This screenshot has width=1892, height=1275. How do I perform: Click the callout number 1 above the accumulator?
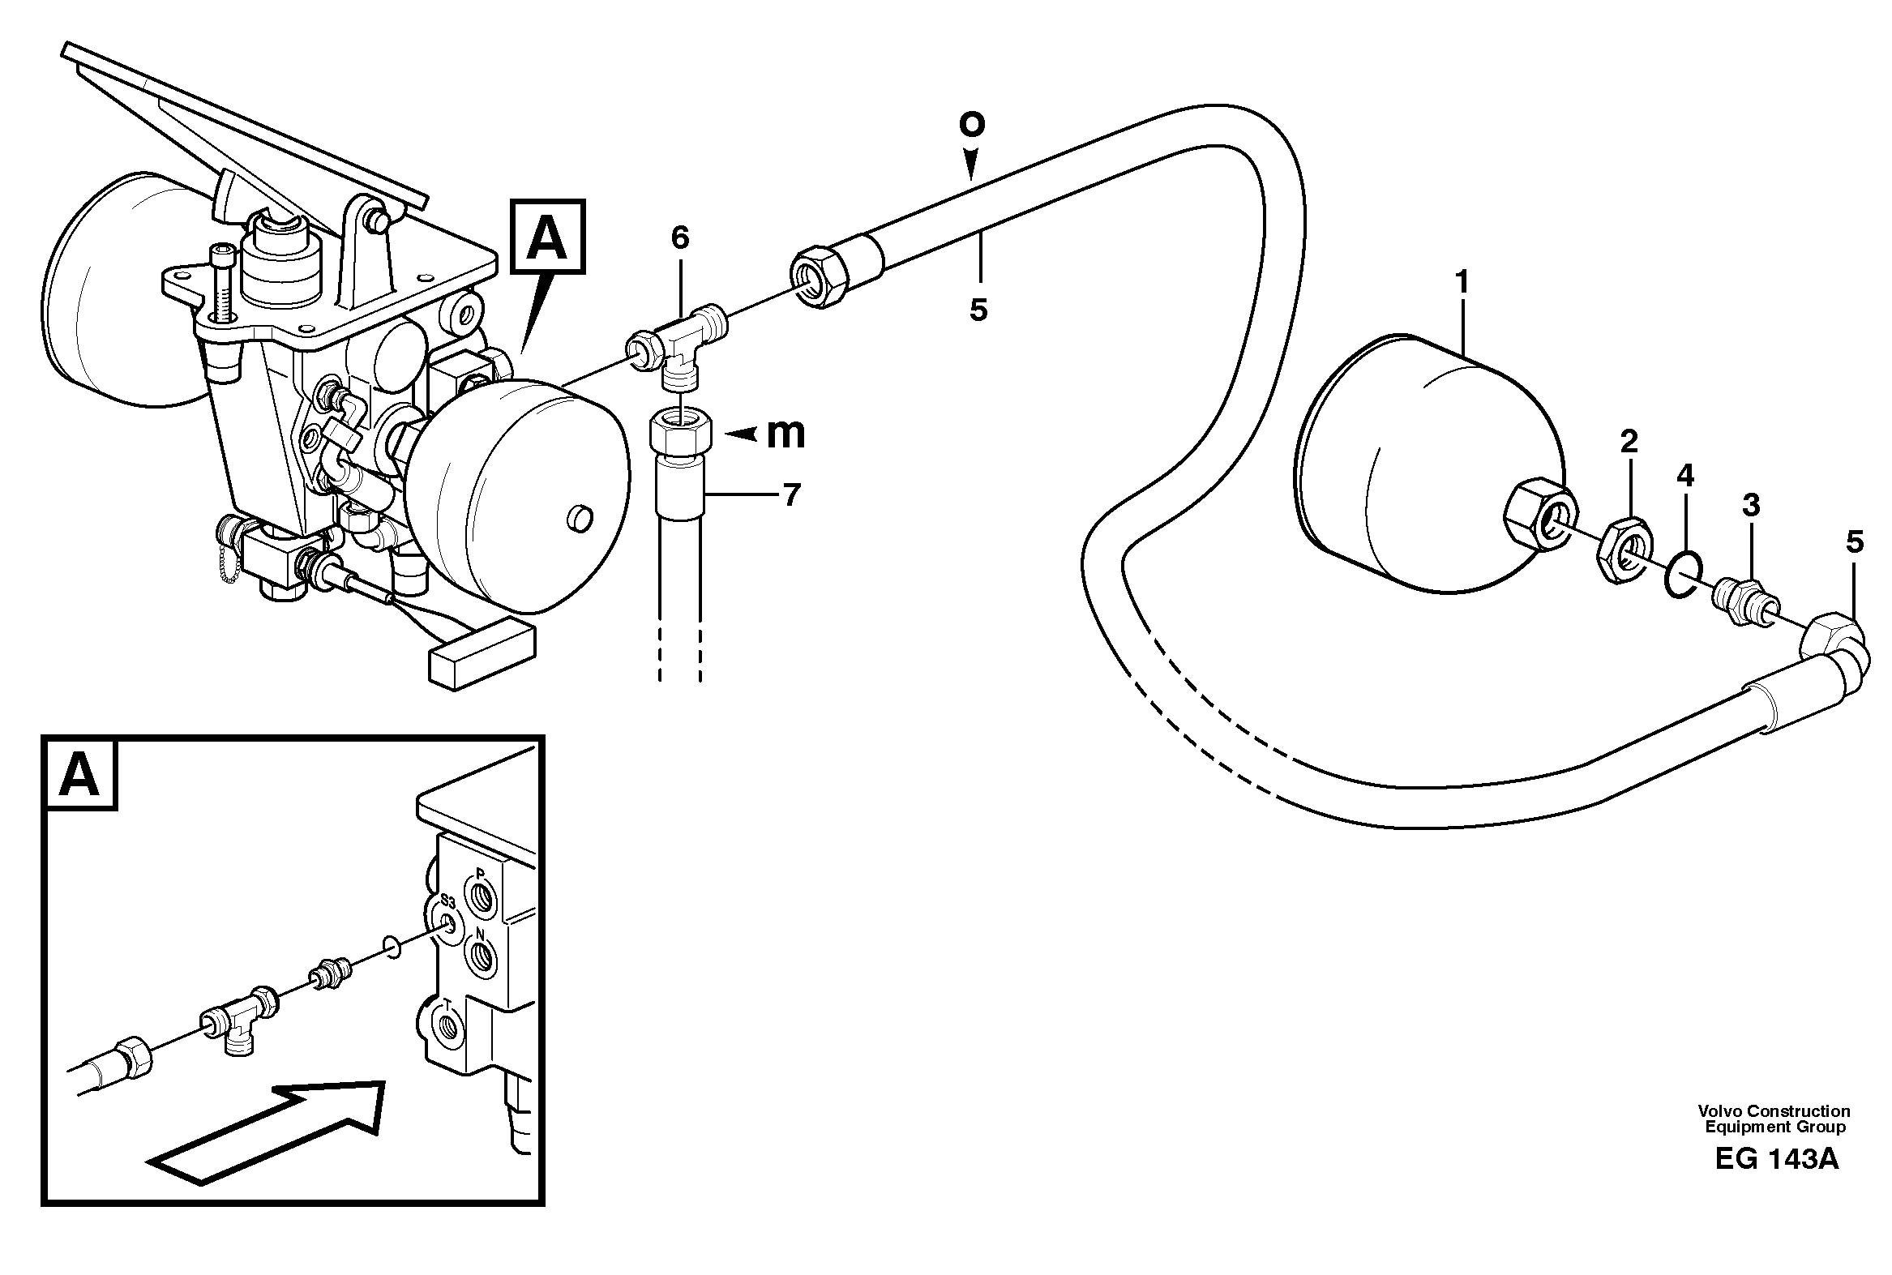point(1462,282)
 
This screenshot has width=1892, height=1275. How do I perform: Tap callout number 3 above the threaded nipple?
point(1750,505)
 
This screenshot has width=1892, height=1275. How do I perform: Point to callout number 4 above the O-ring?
point(1685,476)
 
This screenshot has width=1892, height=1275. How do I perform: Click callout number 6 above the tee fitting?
point(680,237)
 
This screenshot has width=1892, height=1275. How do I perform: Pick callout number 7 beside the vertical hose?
point(791,494)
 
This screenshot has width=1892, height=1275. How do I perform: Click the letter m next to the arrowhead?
point(785,434)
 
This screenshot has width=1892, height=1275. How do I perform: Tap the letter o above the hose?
point(972,123)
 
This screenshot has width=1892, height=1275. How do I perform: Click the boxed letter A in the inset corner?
point(79,774)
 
